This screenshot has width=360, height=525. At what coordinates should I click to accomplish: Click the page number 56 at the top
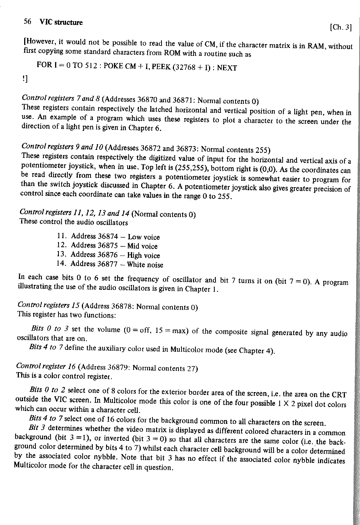pyautogui.click(x=27, y=22)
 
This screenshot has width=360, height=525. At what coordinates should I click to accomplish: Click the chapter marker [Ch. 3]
pyautogui.click(x=340, y=27)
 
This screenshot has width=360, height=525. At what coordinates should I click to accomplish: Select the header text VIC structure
pyautogui.click(x=61, y=22)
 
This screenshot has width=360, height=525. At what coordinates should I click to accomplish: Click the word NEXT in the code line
pyautogui.click(x=227, y=68)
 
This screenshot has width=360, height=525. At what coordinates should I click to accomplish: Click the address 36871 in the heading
pyautogui.click(x=183, y=100)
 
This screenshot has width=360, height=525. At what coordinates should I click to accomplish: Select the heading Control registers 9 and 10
pyautogui.click(x=63, y=146)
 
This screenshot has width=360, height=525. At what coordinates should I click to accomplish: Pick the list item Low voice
pyautogui.click(x=144, y=237)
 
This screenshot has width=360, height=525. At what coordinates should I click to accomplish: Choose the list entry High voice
pyautogui.click(x=143, y=256)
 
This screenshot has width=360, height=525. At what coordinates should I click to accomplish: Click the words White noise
pyautogui.click(x=145, y=265)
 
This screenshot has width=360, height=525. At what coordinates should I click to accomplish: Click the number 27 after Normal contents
pyautogui.click(x=192, y=368)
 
